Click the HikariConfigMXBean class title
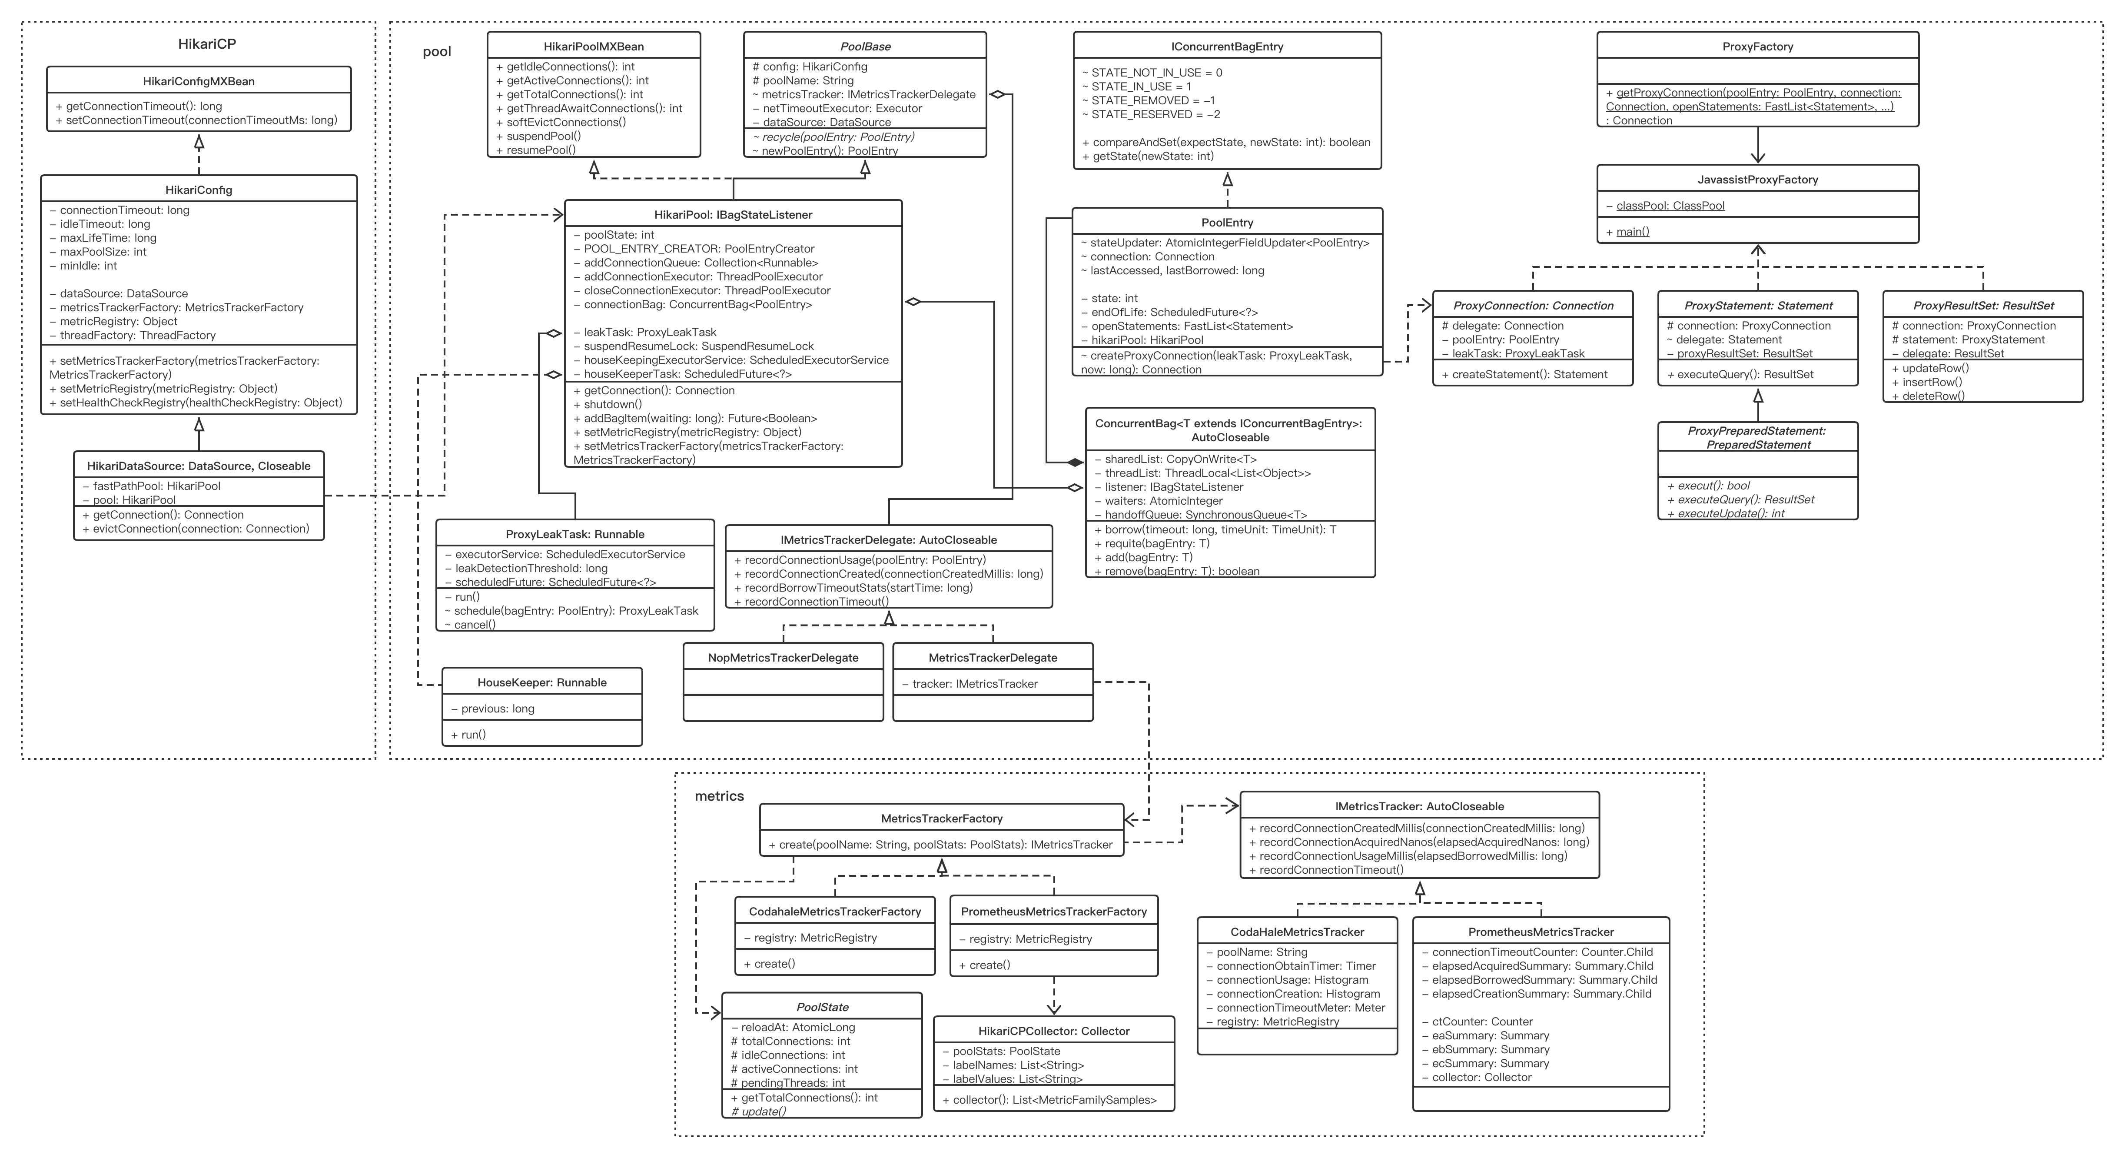pyautogui.click(x=199, y=81)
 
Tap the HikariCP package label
pyautogui.click(x=207, y=44)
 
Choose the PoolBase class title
pyautogui.click(x=864, y=46)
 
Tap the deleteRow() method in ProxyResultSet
pyautogui.click(x=1934, y=396)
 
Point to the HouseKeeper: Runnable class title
pyautogui.click(x=542, y=682)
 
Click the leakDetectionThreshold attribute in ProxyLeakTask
pyautogui.click(x=531, y=568)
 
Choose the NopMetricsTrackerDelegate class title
pyautogui.click(x=783, y=658)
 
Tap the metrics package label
pyautogui.click(x=719, y=795)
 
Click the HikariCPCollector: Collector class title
pyautogui.click(x=1053, y=1031)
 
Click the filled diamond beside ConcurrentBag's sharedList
pyautogui.click(x=1075, y=462)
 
